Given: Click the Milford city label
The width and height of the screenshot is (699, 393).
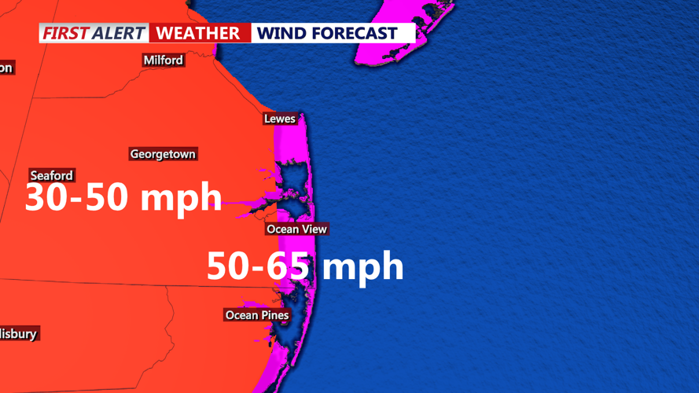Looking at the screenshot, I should pos(164,61).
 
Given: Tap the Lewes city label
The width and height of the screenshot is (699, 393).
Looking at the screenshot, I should pos(280,119).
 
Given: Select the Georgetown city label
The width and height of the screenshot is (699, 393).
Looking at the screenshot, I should pos(163,154).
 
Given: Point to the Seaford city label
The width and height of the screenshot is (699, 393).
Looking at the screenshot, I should pos(52,175).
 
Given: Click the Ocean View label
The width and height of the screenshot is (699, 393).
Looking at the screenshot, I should pos(296,229).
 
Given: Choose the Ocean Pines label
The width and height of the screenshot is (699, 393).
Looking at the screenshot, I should pos(257,315).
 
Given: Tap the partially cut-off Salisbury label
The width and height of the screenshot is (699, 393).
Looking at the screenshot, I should pos(18,334).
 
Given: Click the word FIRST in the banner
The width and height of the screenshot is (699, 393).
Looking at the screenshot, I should pos(65,33).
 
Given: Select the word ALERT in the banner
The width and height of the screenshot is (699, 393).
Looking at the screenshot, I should pos(119,33).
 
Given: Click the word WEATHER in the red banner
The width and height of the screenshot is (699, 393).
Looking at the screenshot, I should pos(197,33).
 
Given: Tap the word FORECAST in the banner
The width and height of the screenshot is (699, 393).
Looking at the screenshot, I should pos(355,33).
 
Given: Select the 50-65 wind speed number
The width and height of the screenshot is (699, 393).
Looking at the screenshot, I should pos(257,266).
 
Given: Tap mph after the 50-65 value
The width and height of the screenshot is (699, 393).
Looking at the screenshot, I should pos(362,266).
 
